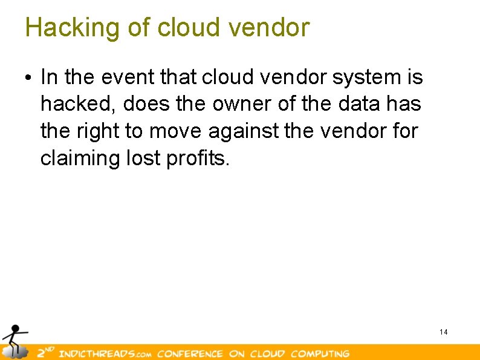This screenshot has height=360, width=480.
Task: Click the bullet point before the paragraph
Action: coord(28,79)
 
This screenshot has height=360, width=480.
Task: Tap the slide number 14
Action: coord(444,332)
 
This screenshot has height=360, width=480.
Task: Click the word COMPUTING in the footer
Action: coord(320,353)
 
